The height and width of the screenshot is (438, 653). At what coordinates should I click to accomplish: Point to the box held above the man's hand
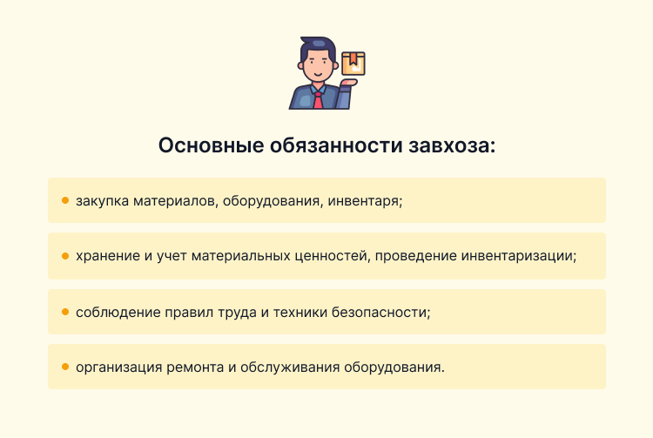pos(353,63)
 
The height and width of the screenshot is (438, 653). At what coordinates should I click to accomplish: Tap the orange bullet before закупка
pos(65,200)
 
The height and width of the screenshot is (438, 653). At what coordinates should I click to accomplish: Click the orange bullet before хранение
pos(65,256)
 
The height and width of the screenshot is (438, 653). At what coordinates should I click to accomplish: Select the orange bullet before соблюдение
pos(65,311)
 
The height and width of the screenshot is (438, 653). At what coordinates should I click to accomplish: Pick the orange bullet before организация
pos(65,366)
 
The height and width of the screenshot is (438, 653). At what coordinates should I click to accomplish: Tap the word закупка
pos(104,201)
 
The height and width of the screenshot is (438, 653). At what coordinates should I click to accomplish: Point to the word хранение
pos(108,256)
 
